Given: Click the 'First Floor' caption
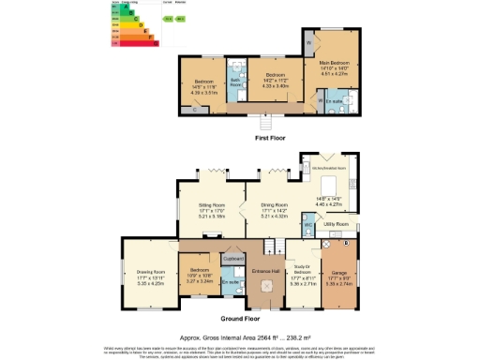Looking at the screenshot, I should [x=272, y=138].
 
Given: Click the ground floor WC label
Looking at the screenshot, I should [x=307, y=225].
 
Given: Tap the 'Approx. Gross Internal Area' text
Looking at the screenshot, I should [x=239, y=334].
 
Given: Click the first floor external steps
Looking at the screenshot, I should [x=265, y=122].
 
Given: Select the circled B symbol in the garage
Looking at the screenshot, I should [x=345, y=243].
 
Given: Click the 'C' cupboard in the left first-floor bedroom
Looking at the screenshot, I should [x=193, y=110].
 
